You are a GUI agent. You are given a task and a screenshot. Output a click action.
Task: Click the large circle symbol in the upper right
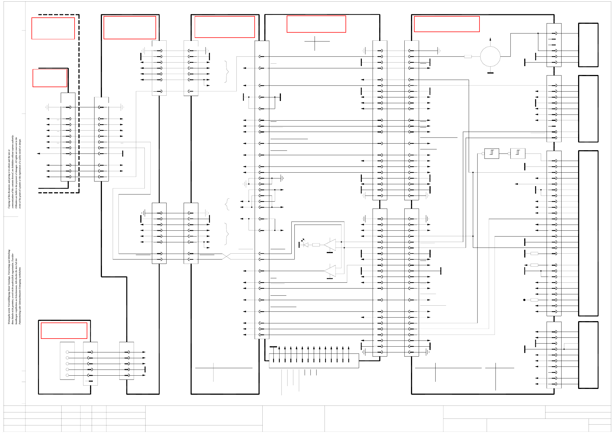coord(490,56)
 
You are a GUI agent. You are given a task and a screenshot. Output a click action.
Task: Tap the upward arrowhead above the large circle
coord(490,39)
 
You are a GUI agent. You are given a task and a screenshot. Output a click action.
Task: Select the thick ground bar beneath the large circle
coord(490,73)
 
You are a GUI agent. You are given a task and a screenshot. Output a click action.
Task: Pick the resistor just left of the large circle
coord(468,56)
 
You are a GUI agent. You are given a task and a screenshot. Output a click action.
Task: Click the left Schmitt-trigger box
coord(492,153)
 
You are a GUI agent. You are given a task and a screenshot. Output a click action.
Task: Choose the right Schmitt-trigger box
coord(518,153)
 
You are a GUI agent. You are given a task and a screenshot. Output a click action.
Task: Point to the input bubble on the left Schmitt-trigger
coord(483,154)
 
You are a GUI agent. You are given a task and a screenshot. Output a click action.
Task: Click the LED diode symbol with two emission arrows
coord(305,245)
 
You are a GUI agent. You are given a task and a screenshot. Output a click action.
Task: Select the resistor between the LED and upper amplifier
coord(316,245)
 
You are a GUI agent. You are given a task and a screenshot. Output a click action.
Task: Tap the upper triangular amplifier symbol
coord(330,245)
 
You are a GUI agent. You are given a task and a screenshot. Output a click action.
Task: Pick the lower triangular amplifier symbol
coord(330,271)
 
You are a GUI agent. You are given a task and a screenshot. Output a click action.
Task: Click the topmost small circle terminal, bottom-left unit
coord(67,352)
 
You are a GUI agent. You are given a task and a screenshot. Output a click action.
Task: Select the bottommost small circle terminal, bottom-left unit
coord(67,375)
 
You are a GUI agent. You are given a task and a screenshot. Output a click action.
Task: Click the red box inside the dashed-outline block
coord(53,28)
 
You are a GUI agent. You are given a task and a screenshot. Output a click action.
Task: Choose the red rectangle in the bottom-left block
coord(64,331)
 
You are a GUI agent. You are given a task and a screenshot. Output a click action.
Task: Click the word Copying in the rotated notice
coord(9,203)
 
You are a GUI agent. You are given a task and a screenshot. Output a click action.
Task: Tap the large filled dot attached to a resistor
coord(524,300)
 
